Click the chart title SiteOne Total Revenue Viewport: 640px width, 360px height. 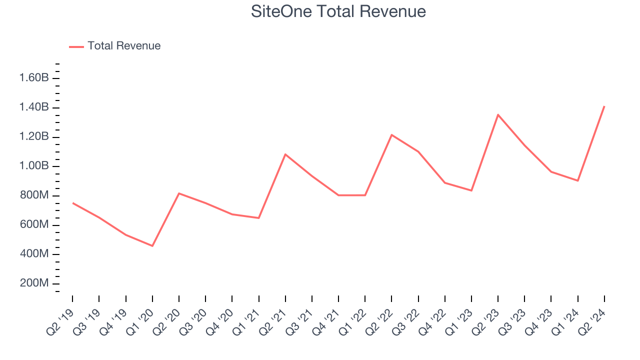tap(338, 11)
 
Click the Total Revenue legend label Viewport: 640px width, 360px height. tap(124, 46)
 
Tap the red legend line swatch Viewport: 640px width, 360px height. tap(76, 46)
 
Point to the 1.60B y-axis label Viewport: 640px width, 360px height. tap(34, 78)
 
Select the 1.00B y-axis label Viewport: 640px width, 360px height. tap(34, 166)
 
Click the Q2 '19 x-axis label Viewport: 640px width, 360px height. tap(60, 324)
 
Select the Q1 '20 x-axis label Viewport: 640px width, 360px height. tap(140, 324)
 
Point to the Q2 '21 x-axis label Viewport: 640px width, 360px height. tap(273, 324)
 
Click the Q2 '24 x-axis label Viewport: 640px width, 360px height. tap(592, 324)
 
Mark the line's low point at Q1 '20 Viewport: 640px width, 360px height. tap(152, 246)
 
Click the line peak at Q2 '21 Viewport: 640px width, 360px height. tap(285, 154)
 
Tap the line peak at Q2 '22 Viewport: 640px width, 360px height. tap(391, 135)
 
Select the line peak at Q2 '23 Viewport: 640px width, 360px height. tap(498, 115)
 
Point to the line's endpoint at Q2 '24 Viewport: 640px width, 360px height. tap(604, 106)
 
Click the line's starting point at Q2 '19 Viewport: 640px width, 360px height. tap(73, 203)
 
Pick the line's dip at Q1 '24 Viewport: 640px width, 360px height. tap(577, 180)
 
